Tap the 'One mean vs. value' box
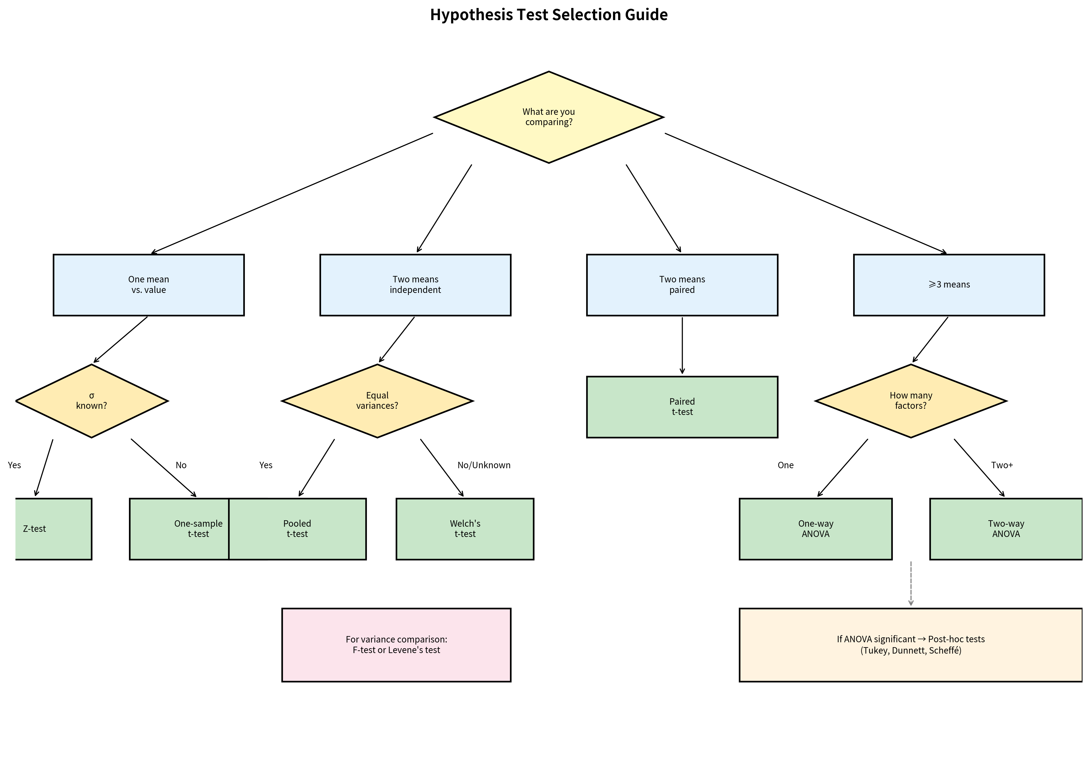click(x=149, y=284)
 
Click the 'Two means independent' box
click(x=415, y=284)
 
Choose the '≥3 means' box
click(x=949, y=284)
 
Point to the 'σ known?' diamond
click(x=91, y=400)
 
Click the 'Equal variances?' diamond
click(x=377, y=400)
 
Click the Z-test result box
click(x=53, y=529)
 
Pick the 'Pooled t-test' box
click(x=297, y=529)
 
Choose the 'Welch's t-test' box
click(x=465, y=529)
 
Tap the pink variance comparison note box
click(x=396, y=645)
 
